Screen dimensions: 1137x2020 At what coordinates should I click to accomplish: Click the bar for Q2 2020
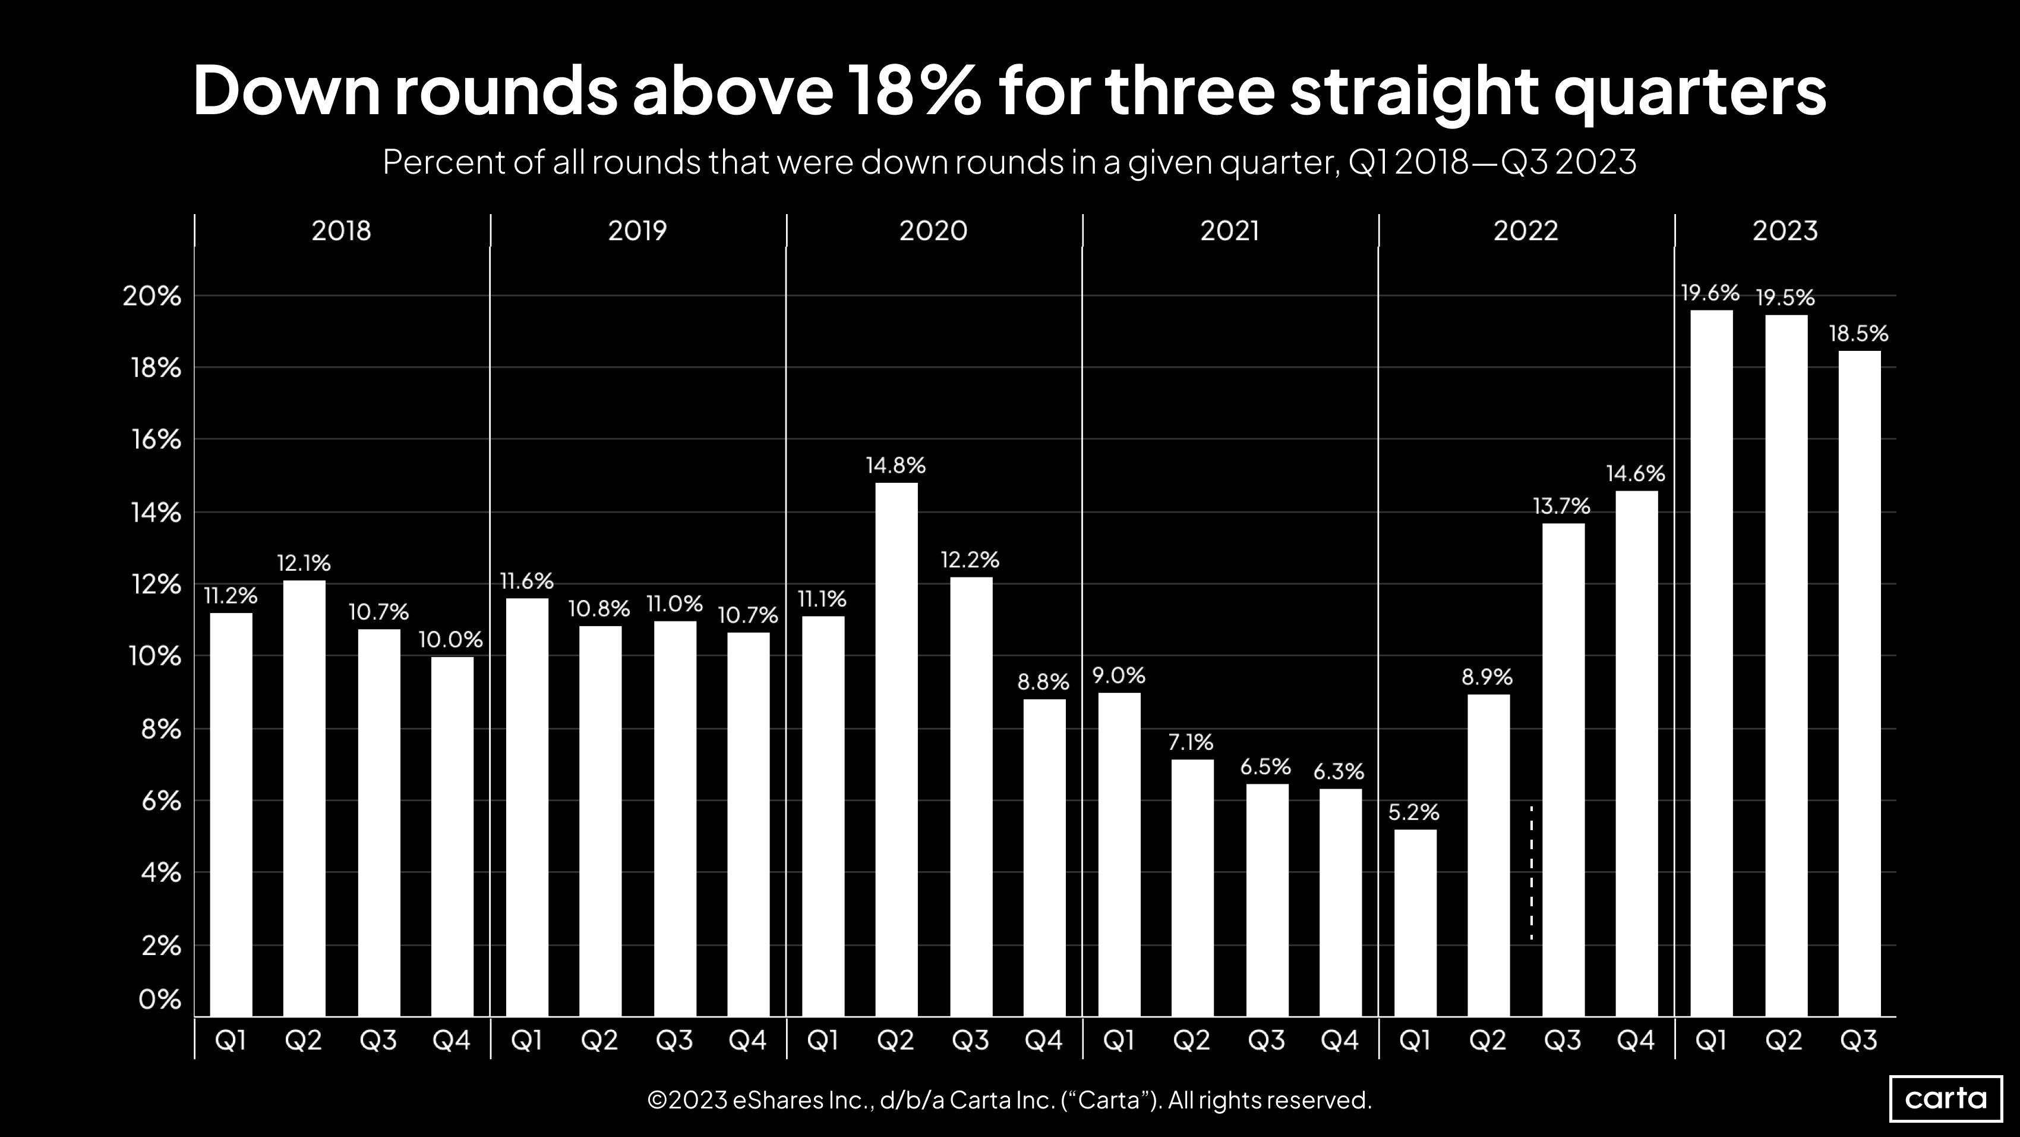tap(895, 749)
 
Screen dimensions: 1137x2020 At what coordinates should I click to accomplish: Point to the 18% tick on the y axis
tap(156, 368)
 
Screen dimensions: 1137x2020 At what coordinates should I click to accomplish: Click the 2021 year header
tap(1229, 231)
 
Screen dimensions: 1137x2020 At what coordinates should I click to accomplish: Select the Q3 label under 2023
tap(1858, 1041)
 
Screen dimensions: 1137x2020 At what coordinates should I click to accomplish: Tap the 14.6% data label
tap(1635, 474)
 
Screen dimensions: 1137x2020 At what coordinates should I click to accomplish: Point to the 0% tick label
tap(160, 1000)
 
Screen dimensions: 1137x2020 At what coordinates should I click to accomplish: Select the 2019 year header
tap(637, 231)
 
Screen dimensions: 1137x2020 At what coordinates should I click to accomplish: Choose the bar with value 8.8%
tap(1044, 858)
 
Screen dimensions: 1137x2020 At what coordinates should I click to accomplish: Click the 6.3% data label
tap(1339, 772)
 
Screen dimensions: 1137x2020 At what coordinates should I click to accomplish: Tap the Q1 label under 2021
tap(1118, 1041)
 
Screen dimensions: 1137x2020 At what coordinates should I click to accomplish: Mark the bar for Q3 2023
tap(1858, 683)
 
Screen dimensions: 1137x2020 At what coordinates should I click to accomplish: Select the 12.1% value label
tap(304, 563)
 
